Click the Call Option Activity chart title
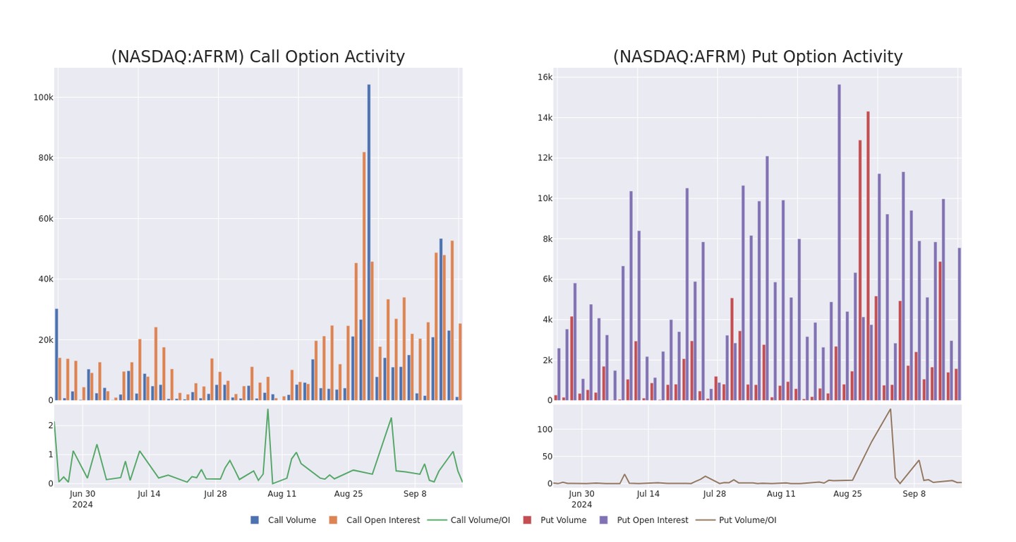pyautogui.click(x=258, y=57)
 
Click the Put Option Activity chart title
pyautogui.click(x=757, y=57)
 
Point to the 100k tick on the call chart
pyautogui.click(x=43, y=97)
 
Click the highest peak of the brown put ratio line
pyautogui.click(x=890, y=409)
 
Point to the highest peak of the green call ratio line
pyautogui.click(x=267, y=409)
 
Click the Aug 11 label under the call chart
pyautogui.click(x=282, y=494)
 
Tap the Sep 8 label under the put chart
pyautogui.click(x=914, y=494)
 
